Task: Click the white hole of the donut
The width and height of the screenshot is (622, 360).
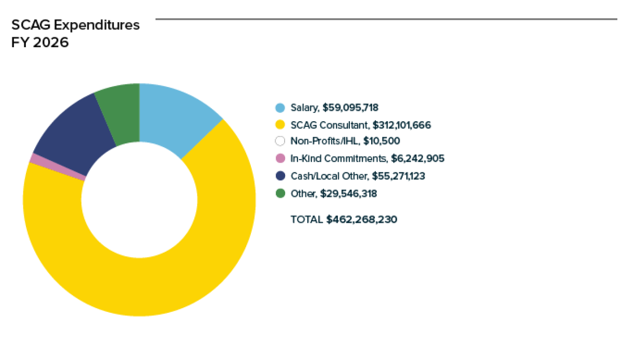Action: pos(139,199)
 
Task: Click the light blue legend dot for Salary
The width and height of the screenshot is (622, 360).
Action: pos(280,108)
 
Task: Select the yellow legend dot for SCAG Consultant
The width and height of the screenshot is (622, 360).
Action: pos(280,125)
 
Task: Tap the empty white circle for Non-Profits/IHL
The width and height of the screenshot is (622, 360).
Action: pos(280,141)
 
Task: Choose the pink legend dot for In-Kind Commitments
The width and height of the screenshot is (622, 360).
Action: pos(280,159)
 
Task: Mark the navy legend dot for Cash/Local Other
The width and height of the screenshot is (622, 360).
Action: pos(280,176)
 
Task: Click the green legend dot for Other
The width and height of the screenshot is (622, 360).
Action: pos(280,194)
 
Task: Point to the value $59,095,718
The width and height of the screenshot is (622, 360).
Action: pos(350,108)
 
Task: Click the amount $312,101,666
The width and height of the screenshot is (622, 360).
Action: pos(399,125)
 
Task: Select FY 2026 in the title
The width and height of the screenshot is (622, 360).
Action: pos(40,42)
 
